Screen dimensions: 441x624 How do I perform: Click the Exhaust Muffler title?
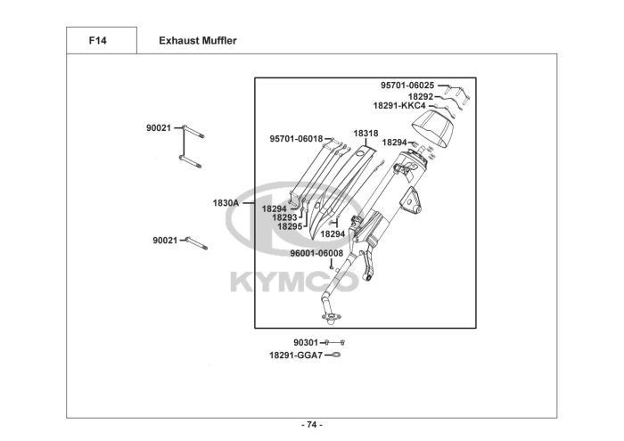[x=197, y=41]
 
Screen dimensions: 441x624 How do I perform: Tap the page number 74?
[x=311, y=424]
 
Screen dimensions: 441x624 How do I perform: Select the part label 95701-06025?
[x=407, y=86]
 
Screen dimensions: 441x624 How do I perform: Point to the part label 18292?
[x=421, y=96]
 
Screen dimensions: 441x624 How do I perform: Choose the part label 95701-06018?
[x=296, y=139]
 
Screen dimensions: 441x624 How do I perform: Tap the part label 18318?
[x=365, y=134]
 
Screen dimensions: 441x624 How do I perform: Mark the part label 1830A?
[x=225, y=203]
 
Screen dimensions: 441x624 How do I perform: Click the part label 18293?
[x=285, y=217]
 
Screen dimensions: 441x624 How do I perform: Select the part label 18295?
[x=289, y=226]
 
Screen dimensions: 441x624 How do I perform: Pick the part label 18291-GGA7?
[x=295, y=355]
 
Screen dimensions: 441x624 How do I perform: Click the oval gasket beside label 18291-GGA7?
[x=335, y=355]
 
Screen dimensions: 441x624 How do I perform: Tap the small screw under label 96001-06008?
[x=330, y=265]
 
